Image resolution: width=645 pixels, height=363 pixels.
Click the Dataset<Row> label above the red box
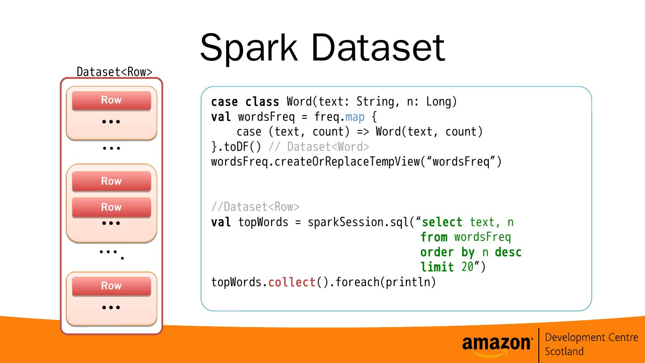coord(114,72)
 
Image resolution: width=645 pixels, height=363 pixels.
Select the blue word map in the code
coord(355,117)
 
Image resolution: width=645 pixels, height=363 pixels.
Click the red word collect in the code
coord(292,282)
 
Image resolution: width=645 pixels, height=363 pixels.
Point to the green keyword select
coord(442,222)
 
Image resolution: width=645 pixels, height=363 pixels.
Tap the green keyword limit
coord(437,267)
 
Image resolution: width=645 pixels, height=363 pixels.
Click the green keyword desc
coord(508,252)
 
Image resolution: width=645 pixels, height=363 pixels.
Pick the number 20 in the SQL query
coord(467,267)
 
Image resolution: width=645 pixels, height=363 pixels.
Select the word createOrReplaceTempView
coord(347,162)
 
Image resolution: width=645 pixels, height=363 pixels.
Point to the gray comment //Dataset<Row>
coord(255,207)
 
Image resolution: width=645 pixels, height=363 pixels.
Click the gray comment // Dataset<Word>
coord(318,147)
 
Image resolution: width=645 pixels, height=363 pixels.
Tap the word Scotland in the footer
coord(564,351)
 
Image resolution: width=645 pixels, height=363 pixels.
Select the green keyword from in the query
coord(434,237)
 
